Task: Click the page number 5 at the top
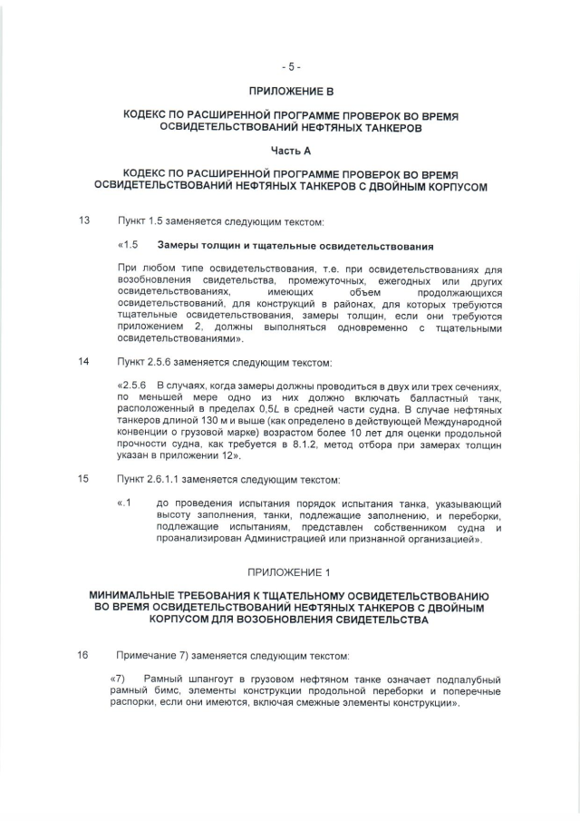click(x=290, y=66)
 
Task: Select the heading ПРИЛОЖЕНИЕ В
click(x=291, y=92)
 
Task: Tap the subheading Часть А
click(x=291, y=151)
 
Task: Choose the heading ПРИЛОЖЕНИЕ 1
click(x=290, y=572)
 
